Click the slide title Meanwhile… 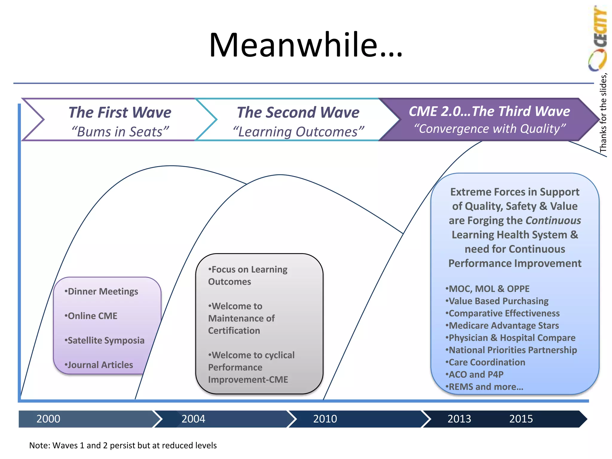pyautogui.click(x=306, y=45)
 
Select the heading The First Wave pyautogui.click(x=120, y=112)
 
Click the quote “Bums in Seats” pyautogui.click(x=120, y=132)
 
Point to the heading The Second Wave pyautogui.click(x=298, y=112)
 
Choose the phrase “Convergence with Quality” pyautogui.click(x=489, y=129)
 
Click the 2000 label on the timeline pyautogui.click(x=48, y=419)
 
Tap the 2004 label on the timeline pyautogui.click(x=193, y=419)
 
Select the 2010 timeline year pyautogui.click(x=325, y=419)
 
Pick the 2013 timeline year pyautogui.click(x=459, y=419)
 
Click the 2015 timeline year pyautogui.click(x=521, y=419)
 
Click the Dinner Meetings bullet pyautogui.click(x=102, y=291)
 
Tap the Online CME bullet pyautogui.click(x=91, y=316)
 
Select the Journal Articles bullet pyautogui.click(x=99, y=365)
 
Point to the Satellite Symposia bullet pyautogui.click(x=105, y=340)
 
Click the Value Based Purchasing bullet pyautogui.click(x=497, y=301)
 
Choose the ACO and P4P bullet pyautogui.click(x=475, y=374)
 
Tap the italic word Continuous pyautogui.click(x=553, y=221)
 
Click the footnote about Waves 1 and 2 pyautogui.click(x=123, y=445)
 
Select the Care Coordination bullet pyautogui.click(x=486, y=362)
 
